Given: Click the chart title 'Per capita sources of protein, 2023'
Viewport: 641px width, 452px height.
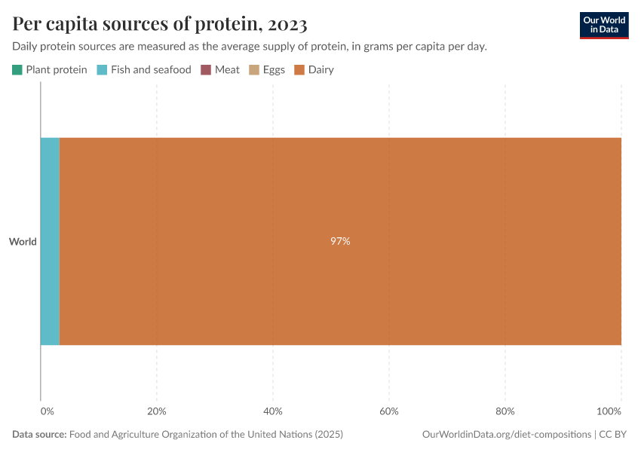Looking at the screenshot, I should pos(160,24).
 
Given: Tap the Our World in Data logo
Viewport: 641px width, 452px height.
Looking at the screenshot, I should pos(603,25).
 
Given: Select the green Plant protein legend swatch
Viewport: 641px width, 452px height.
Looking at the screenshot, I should pos(17,70).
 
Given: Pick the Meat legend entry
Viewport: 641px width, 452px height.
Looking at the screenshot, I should pos(220,70).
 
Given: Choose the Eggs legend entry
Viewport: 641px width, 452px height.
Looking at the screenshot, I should pos(268,70).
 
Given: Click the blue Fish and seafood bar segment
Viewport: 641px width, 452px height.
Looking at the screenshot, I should pos(50,242).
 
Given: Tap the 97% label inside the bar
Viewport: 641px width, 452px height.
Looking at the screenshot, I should pos(340,242).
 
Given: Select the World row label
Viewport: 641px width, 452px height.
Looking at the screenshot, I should pos(23,242).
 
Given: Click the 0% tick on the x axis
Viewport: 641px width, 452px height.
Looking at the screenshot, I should pos(47,411).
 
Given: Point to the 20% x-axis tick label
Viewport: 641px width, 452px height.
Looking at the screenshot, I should pos(156,411).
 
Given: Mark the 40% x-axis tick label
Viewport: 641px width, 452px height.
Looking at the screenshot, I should pos(272,411).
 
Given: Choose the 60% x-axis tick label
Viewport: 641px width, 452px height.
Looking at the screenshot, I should pos(388,411).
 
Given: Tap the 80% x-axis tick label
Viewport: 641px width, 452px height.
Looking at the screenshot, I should pos(505,411).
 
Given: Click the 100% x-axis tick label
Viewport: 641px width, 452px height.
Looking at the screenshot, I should pos(609,411).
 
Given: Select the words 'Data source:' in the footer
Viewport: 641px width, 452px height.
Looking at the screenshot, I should pos(39,435).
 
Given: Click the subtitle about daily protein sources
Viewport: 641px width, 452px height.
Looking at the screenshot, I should pos(249,47).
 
